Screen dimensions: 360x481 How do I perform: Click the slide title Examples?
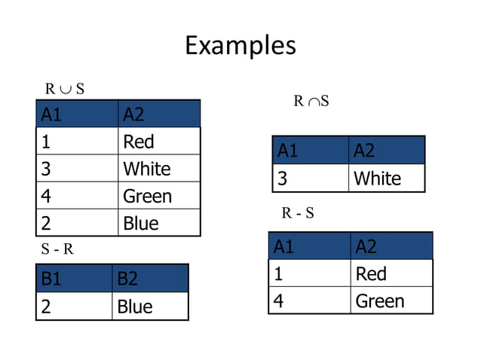tap(240, 45)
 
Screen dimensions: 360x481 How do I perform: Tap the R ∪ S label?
tap(64, 89)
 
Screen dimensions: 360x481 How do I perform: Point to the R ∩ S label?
tap(311, 101)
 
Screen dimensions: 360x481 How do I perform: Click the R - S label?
tap(298, 213)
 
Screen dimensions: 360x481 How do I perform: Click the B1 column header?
tap(51, 279)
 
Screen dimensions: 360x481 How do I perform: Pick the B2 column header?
tap(127, 279)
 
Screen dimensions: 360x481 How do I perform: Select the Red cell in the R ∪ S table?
tap(139, 142)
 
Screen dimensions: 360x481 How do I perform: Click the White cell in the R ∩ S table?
tap(377, 178)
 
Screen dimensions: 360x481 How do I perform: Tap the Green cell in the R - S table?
tap(380, 301)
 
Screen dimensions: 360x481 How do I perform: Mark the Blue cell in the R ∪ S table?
tap(141, 223)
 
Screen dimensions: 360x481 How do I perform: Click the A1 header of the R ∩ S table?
tap(288, 151)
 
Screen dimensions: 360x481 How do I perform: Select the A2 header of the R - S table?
tap(366, 246)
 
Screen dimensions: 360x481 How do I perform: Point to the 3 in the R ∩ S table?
tap(283, 178)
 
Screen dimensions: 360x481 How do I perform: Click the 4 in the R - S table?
tap(279, 301)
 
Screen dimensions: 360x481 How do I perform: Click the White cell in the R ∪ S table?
tap(147, 169)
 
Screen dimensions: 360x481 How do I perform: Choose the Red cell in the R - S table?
tap(371, 273)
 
